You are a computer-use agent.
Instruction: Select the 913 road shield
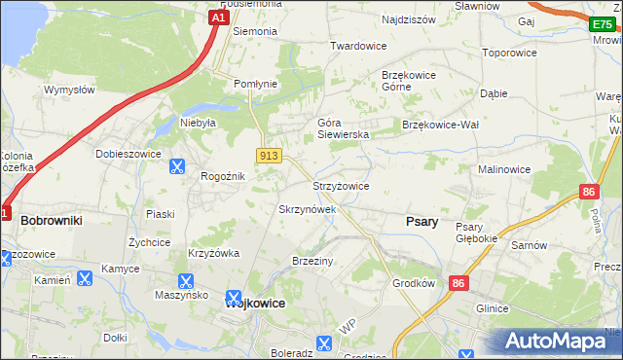pyautogui.click(x=270, y=156)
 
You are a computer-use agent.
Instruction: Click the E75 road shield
pyautogui.click(x=603, y=25)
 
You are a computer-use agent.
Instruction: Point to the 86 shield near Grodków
pyautogui.click(x=459, y=283)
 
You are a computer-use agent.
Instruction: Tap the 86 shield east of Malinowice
pyautogui.click(x=588, y=193)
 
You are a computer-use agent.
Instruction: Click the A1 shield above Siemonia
pyautogui.click(x=220, y=17)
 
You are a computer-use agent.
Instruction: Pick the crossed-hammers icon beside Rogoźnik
pyautogui.click(x=177, y=166)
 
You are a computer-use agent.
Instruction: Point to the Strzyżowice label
pyautogui.click(x=340, y=186)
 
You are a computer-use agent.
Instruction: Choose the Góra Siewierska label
pyautogui.click(x=343, y=128)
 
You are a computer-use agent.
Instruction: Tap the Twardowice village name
pyautogui.click(x=358, y=46)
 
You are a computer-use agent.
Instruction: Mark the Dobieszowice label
pyautogui.click(x=128, y=154)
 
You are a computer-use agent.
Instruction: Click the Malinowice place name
pyautogui.click(x=503, y=169)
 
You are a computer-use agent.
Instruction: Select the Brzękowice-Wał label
pyautogui.click(x=441, y=125)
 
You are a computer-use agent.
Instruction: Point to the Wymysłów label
pyautogui.click(x=68, y=90)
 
